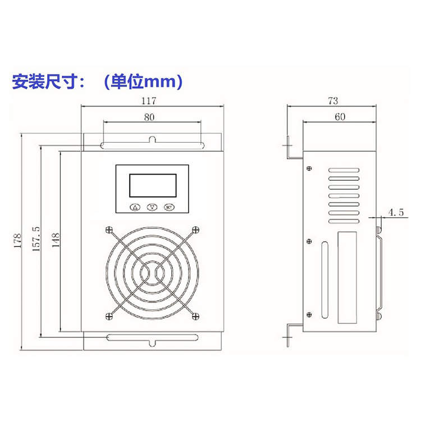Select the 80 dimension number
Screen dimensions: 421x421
[x=149, y=118]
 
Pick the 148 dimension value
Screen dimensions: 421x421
[x=54, y=241]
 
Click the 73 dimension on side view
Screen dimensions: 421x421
[x=332, y=102]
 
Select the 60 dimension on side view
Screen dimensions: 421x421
[x=339, y=117]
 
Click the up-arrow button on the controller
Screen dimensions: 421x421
[x=135, y=207]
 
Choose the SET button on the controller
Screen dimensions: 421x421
[x=169, y=207]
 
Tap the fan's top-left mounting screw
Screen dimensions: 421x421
[x=107, y=229]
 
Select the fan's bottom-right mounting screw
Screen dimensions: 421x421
[x=195, y=315]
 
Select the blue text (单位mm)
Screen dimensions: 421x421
[x=144, y=83]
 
